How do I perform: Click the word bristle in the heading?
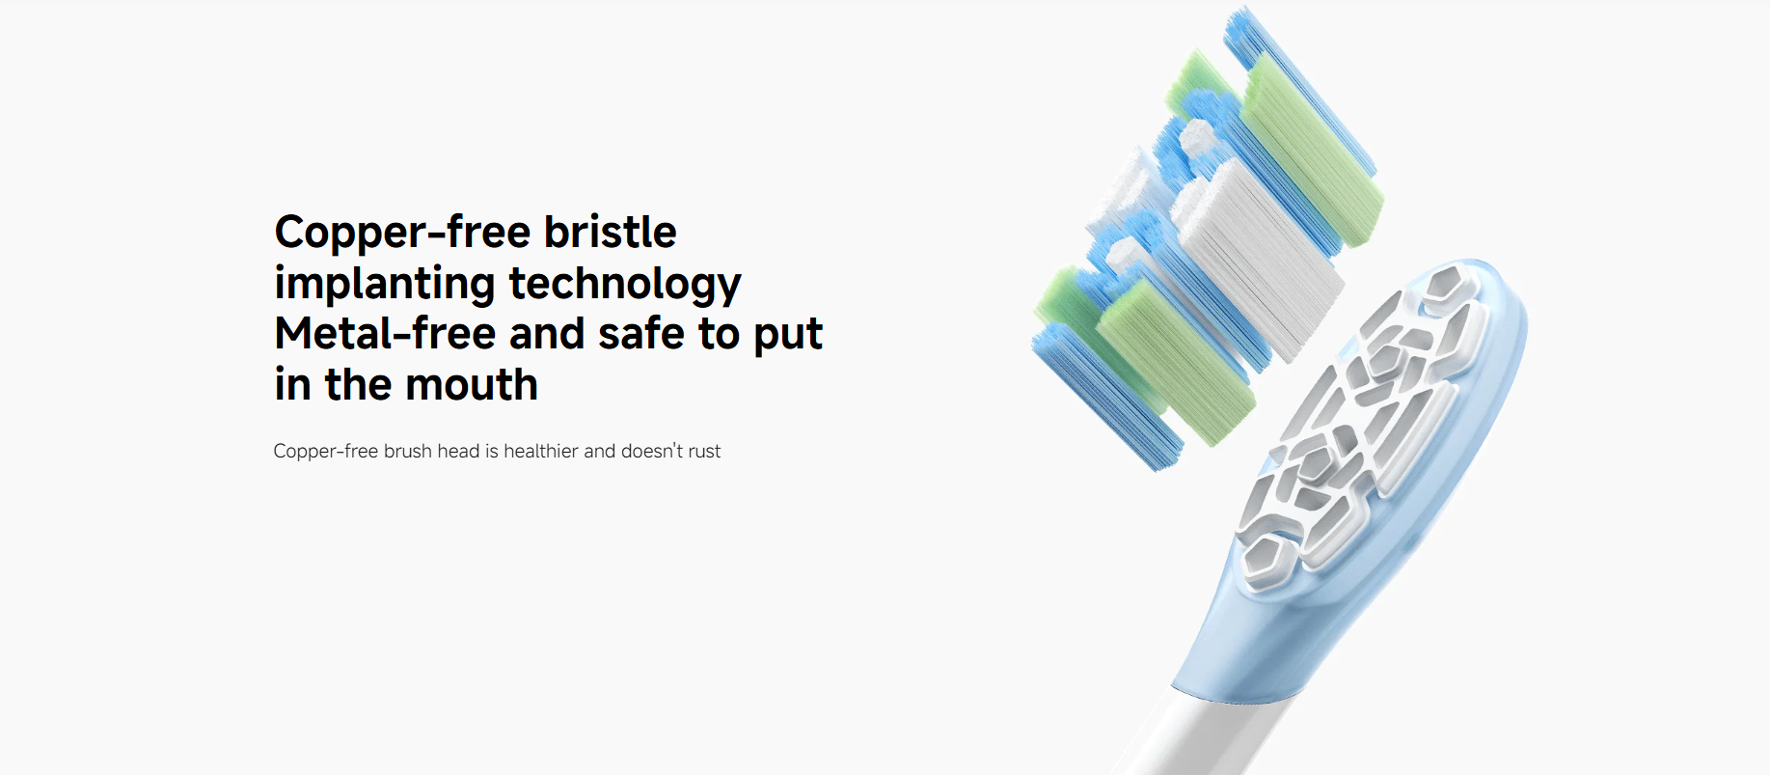(610, 232)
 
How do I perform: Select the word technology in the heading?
(625, 284)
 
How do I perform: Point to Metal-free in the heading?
(384, 334)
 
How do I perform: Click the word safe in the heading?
(641, 334)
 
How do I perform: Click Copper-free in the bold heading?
(402, 232)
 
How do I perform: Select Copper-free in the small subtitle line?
(326, 452)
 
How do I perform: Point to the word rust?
(704, 452)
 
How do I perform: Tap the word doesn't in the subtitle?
(652, 452)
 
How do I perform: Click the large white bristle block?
(1259, 261)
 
